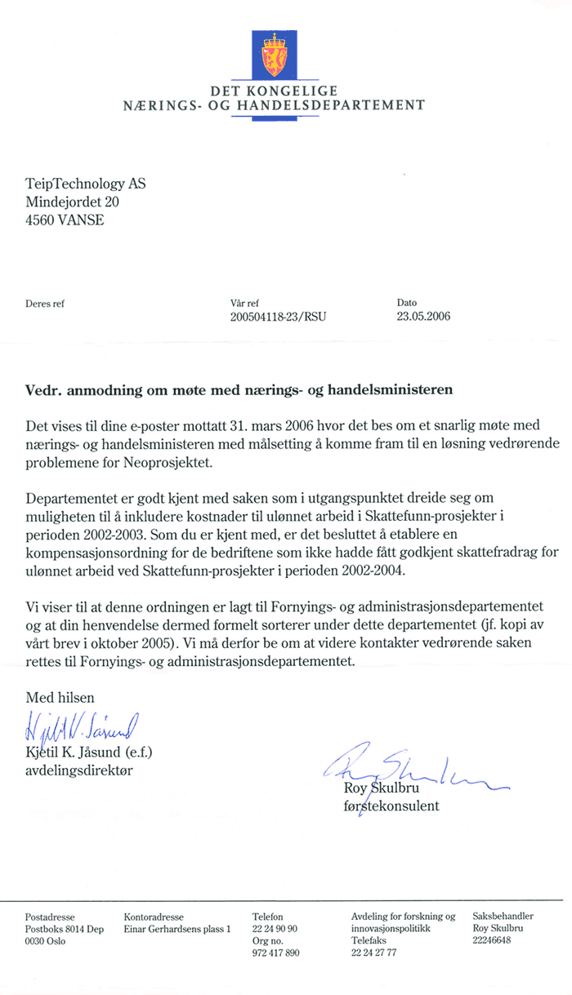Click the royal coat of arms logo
click(273, 54)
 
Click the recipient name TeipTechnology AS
click(86, 184)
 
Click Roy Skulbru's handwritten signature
click(409, 771)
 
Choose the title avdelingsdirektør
click(80, 769)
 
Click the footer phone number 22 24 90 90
click(275, 929)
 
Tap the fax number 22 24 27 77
click(373, 953)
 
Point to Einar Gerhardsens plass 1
click(177, 929)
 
